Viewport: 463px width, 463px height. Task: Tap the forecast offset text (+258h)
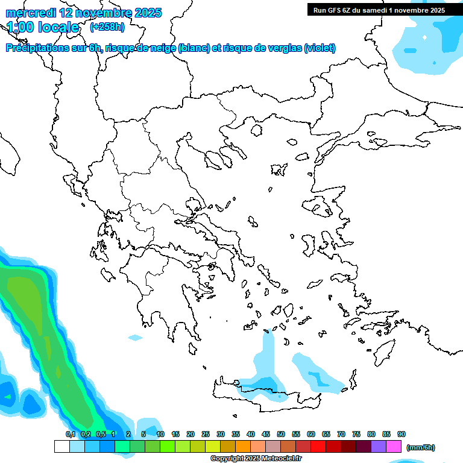pos(107,27)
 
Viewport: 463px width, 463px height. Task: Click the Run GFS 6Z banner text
pos(379,10)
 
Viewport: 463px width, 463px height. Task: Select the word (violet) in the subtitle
pos(320,48)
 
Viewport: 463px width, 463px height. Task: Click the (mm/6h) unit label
pos(420,447)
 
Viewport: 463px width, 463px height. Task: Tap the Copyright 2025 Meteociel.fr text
pos(256,459)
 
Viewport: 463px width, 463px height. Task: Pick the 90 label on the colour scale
pos(402,434)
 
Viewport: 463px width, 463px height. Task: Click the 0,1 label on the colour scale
pos(70,434)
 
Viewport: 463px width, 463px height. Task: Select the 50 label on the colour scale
pos(281,434)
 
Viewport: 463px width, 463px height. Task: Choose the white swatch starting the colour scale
pos(61,447)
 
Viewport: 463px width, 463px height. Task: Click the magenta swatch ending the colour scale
pos(394,447)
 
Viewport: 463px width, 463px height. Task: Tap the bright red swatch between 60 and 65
pos(318,447)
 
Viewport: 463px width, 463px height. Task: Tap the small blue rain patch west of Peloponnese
pos(135,338)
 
